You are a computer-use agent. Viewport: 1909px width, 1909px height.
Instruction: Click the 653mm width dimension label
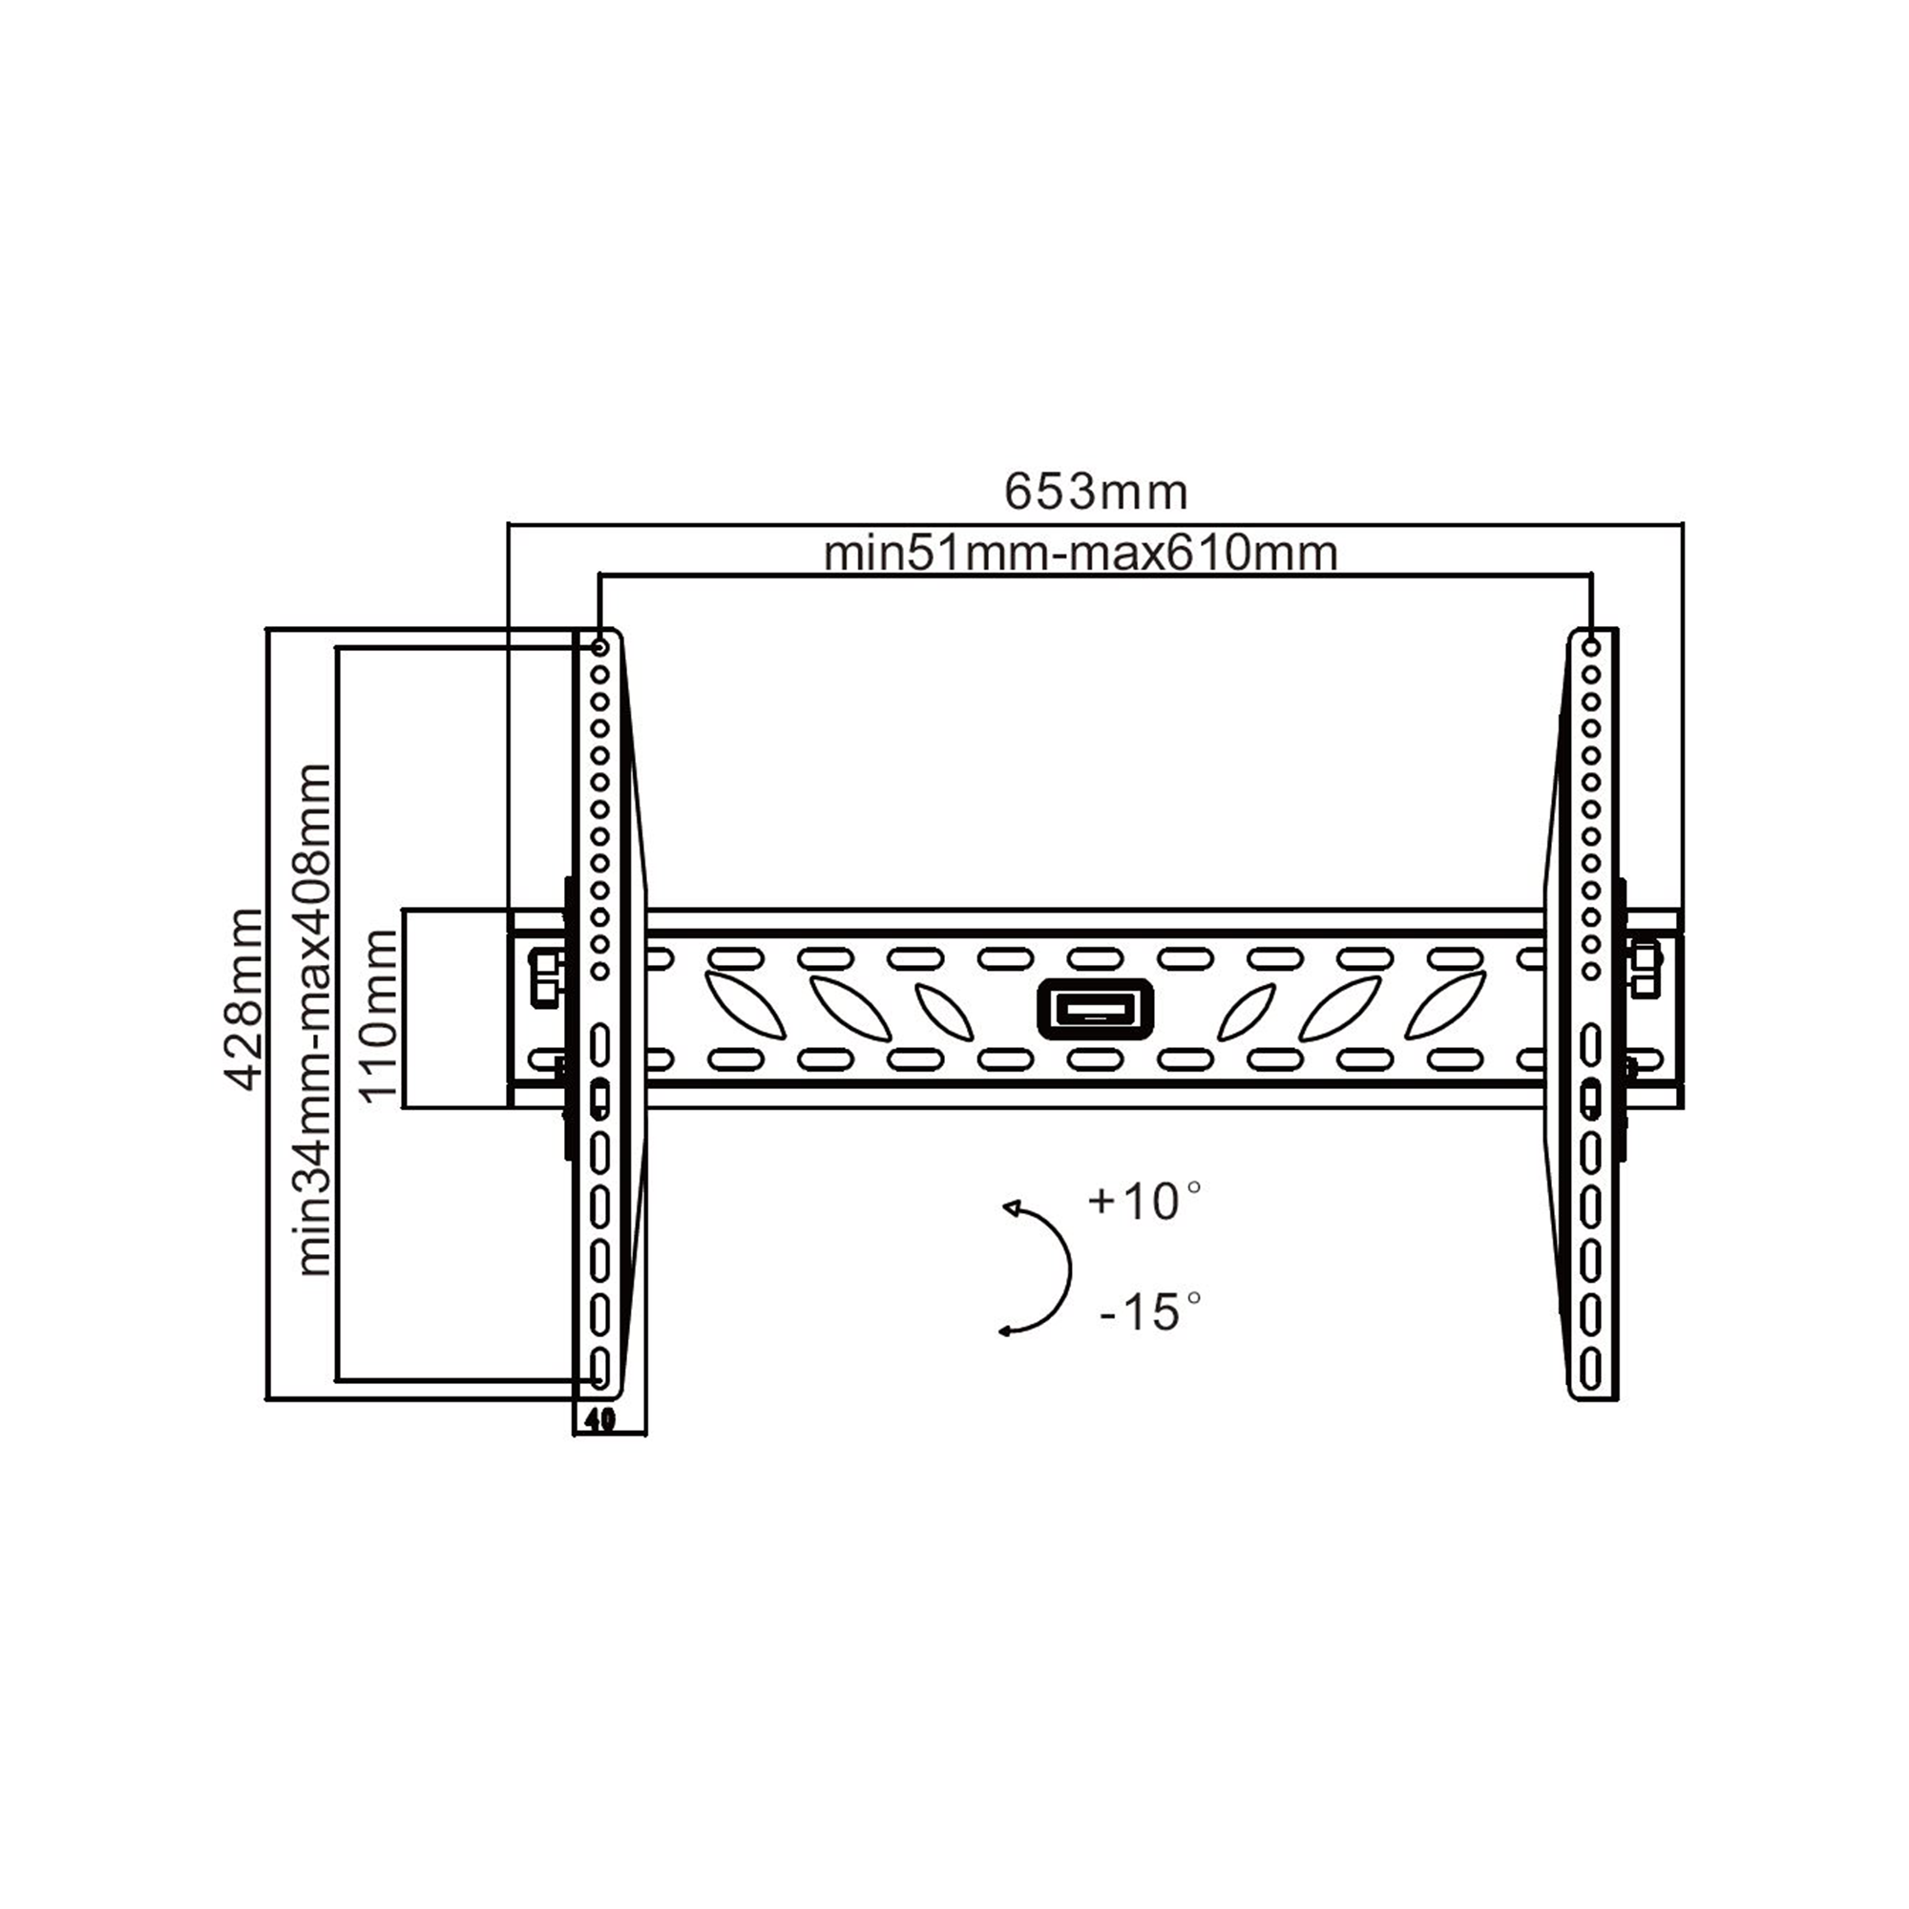pos(1096,493)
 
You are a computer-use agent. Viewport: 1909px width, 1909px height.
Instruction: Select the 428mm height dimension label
pos(243,999)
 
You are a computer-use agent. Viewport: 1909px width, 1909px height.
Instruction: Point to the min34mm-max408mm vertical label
pos(315,1018)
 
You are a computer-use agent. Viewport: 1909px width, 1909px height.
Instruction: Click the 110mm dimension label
pos(380,1017)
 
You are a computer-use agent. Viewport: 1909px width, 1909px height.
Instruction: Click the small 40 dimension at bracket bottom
pos(599,1420)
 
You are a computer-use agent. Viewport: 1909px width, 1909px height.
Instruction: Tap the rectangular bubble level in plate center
pos(1095,1009)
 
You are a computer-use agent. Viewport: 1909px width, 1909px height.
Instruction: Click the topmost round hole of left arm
pos(599,647)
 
